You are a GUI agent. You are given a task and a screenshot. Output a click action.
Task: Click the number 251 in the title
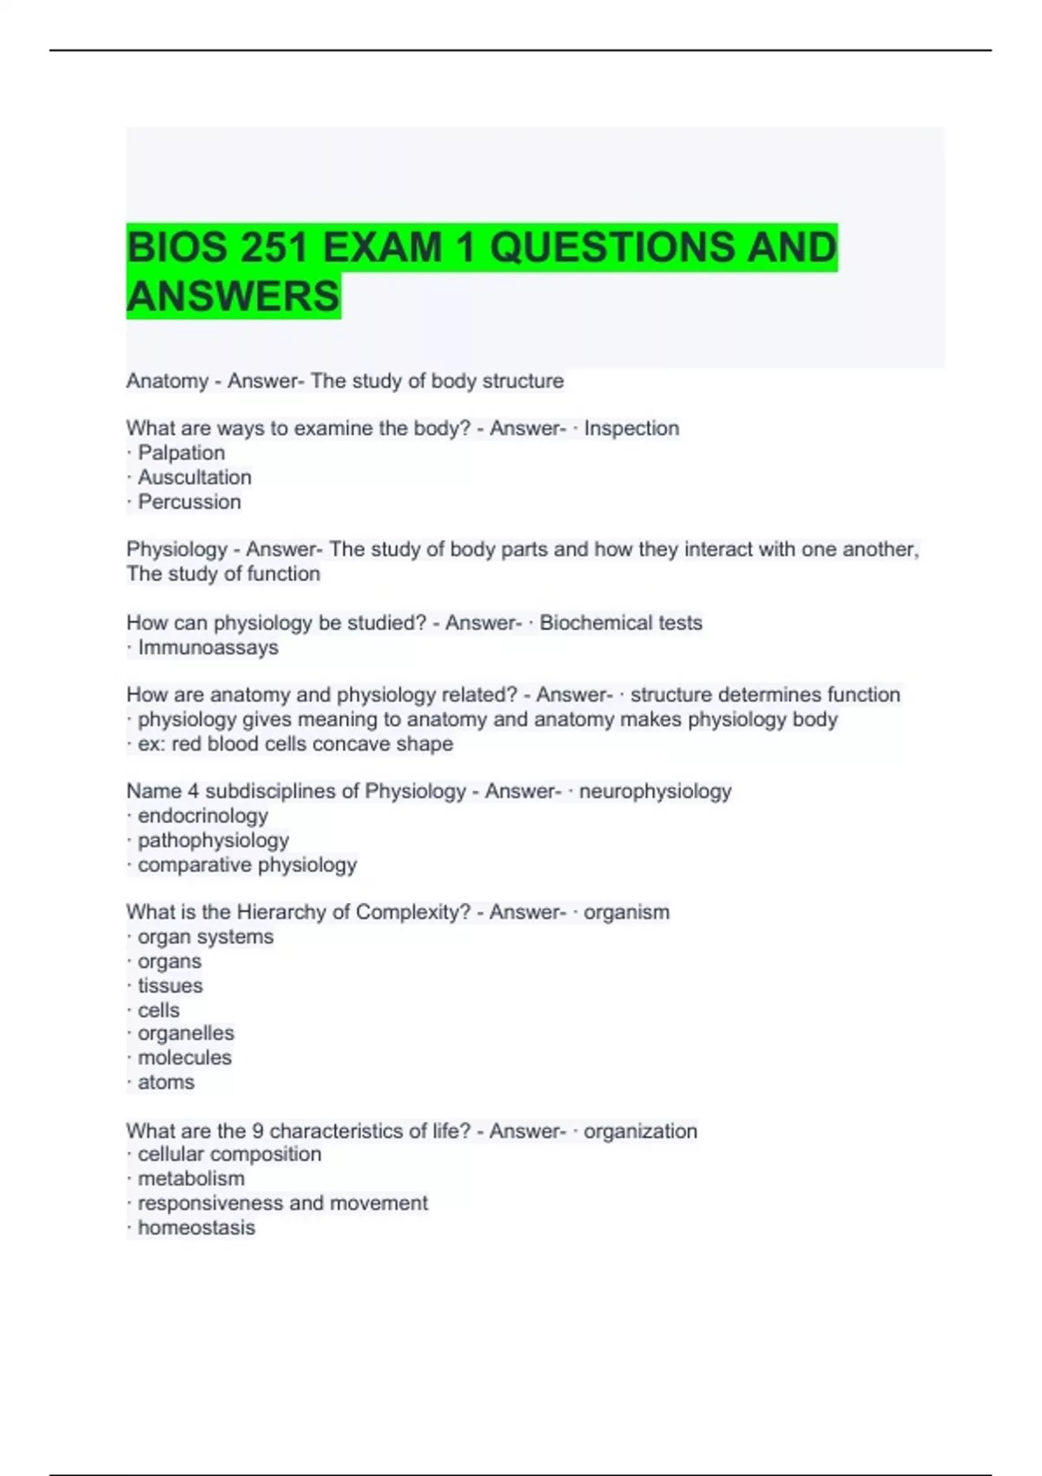point(274,247)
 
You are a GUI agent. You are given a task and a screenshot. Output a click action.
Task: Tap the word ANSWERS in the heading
point(233,296)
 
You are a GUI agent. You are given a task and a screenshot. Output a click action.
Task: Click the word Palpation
point(181,452)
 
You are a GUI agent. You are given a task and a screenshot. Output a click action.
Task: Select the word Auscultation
point(195,477)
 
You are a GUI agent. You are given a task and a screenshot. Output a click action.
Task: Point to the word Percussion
point(189,502)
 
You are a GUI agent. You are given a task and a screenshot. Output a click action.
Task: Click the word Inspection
point(631,428)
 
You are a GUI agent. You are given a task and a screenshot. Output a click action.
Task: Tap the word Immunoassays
point(208,647)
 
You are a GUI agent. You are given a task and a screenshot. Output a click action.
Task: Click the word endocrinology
point(203,815)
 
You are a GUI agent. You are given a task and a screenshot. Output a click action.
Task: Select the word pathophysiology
point(214,840)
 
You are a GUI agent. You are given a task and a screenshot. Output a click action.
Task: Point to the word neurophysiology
point(655,791)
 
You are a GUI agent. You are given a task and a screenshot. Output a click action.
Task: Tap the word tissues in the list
point(170,985)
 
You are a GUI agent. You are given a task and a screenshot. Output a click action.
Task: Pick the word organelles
point(186,1033)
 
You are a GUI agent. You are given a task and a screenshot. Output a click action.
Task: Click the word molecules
point(185,1058)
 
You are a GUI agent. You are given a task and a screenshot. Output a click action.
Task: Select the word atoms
point(166,1082)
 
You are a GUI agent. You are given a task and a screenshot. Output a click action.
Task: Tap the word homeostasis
point(196,1228)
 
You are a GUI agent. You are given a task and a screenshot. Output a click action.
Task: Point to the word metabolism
point(191,1178)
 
